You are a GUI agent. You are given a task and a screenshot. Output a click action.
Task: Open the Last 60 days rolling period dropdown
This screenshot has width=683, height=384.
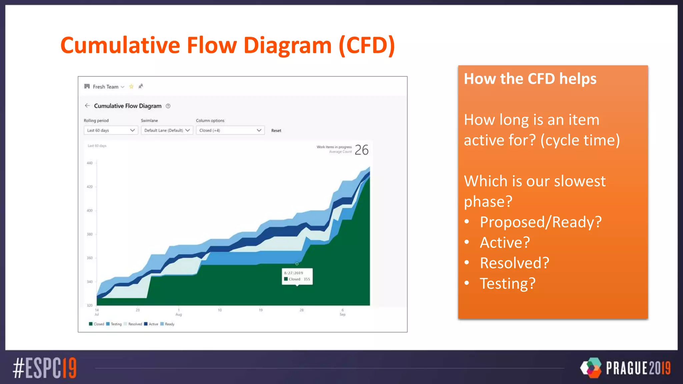(110, 130)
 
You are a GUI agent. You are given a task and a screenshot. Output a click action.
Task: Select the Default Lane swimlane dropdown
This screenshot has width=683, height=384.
(167, 130)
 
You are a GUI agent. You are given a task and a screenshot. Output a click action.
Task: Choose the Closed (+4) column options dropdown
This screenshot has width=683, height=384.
(230, 130)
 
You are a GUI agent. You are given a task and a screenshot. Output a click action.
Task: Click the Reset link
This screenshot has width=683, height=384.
(276, 131)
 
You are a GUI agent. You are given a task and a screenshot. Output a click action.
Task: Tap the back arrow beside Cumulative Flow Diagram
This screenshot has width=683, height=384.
(87, 106)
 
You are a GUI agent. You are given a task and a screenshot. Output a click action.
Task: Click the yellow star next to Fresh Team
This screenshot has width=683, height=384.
(131, 87)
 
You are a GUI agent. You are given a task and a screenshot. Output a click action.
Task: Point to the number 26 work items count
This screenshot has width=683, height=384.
(362, 150)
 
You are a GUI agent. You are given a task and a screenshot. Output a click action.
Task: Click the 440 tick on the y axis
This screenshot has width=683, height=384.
(90, 163)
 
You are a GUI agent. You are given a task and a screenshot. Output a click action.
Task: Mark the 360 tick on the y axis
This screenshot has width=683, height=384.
(90, 258)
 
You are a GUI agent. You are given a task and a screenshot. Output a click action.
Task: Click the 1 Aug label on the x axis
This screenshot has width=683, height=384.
(179, 312)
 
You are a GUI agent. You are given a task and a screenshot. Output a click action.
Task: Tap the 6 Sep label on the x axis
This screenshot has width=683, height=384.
(343, 312)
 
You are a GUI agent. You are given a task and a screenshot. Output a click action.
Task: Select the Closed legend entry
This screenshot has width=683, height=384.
(97, 324)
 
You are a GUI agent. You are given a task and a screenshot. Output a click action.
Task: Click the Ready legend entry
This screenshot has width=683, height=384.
(167, 324)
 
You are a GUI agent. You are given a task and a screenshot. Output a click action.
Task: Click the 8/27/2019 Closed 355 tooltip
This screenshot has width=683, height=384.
(297, 276)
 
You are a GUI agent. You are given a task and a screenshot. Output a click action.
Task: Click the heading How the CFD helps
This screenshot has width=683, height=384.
(530, 79)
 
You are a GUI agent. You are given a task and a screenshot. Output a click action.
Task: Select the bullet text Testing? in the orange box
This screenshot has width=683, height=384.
(507, 284)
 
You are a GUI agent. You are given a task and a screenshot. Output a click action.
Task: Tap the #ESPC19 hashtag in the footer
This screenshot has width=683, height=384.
(45, 368)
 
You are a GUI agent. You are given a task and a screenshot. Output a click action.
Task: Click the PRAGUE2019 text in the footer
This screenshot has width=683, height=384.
(638, 368)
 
